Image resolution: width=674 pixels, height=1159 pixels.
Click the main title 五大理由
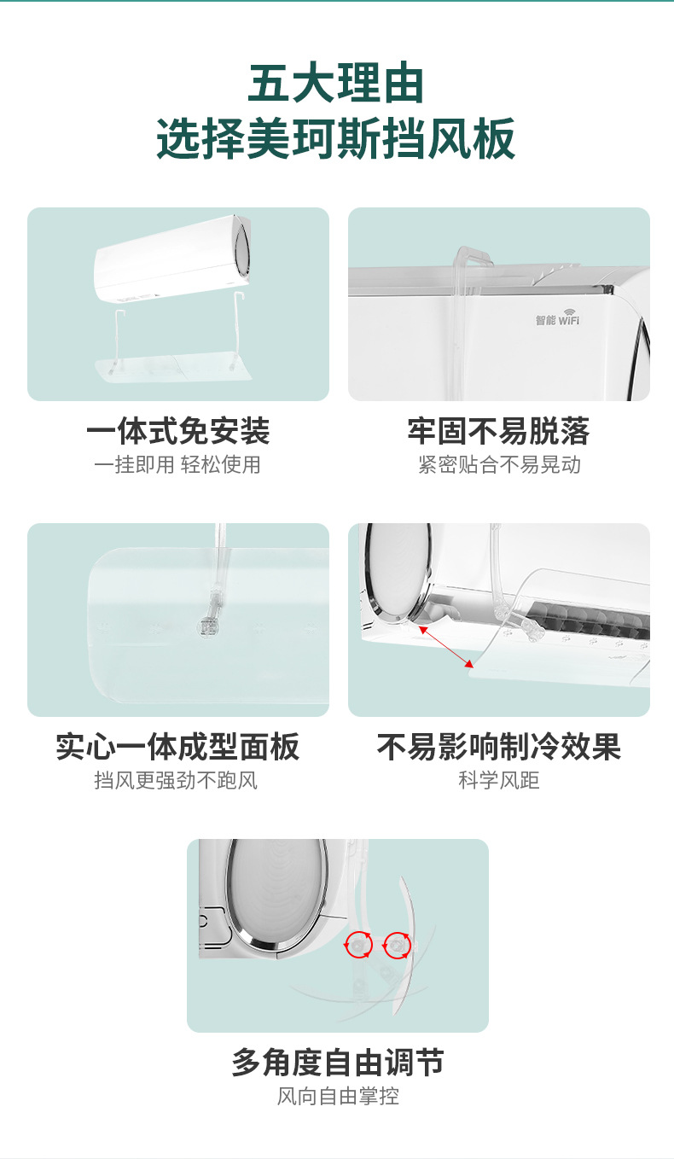click(x=336, y=84)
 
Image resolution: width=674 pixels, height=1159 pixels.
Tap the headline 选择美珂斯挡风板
click(x=336, y=138)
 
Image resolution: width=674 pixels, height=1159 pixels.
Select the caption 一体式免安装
click(x=178, y=430)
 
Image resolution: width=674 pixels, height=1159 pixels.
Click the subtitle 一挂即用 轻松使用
click(x=177, y=464)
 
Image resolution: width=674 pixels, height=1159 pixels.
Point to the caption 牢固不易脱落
click(x=498, y=430)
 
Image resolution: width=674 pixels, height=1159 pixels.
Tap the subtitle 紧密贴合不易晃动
click(x=499, y=464)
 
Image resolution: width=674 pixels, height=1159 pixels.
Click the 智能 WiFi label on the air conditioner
click(x=557, y=317)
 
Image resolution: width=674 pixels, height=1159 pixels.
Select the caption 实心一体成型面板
click(x=178, y=746)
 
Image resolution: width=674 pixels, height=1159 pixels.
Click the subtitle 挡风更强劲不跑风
click(x=176, y=780)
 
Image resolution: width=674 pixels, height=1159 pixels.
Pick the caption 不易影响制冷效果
click(x=498, y=746)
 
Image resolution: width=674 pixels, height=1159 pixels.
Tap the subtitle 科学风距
click(x=499, y=780)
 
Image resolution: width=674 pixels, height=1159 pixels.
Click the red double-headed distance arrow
click(x=446, y=647)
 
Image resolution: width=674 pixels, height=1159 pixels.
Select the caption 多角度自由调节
click(x=337, y=1062)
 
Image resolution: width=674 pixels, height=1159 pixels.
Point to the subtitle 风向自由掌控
click(x=338, y=1096)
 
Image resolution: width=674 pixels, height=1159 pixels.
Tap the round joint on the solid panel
click(x=208, y=627)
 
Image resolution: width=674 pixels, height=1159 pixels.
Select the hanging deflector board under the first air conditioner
click(x=174, y=367)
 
